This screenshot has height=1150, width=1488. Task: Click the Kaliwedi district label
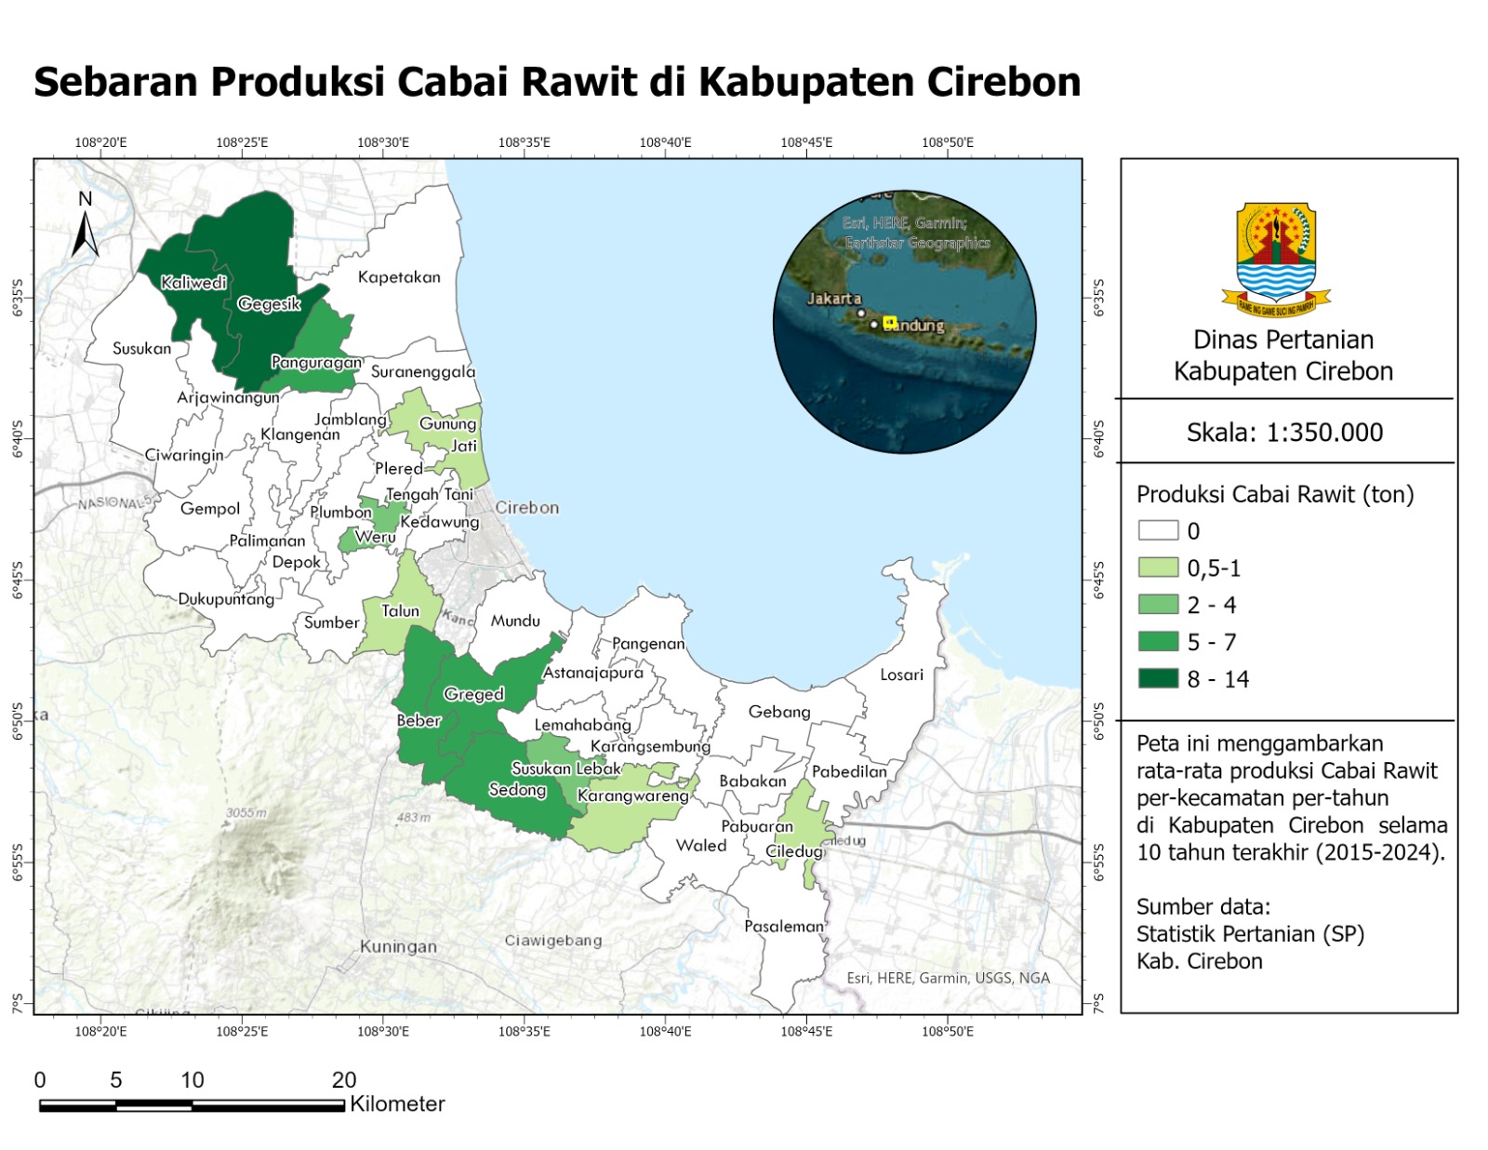[x=193, y=282]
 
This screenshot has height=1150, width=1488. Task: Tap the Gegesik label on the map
[x=269, y=303]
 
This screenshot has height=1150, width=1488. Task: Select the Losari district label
[x=901, y=675]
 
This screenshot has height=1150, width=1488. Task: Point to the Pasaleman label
[x=784, y=926]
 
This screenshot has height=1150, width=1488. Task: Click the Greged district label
[x=473, y=694]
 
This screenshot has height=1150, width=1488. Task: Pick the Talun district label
[x=400, y=610]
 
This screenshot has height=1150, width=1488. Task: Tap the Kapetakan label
[x=399, y=276]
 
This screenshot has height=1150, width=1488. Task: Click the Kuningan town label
[x=398, y=946]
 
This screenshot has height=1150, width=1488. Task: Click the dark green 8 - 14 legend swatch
[x=1158, y=678]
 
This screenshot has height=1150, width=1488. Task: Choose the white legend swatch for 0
[x=1158, y=530]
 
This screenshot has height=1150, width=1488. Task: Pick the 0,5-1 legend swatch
[x=1158, y=568]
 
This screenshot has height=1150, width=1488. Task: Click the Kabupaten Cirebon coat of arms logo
[x=1276, y=259]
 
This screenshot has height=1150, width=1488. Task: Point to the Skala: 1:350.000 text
[x=1284, y=432]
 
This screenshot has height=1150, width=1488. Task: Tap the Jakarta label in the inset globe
[x=833, y=299]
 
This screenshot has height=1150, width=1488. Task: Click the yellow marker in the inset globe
[x=889, y=322]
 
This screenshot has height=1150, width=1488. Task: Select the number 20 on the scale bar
[x=344, y=1079]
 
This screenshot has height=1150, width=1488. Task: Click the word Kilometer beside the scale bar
[x=397, y=1103]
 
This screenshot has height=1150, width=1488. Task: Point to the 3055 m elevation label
[x=246, y=812]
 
